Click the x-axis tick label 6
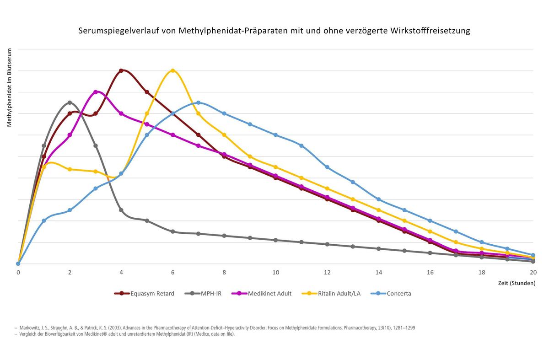172,272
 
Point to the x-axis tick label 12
327,272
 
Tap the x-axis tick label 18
482,272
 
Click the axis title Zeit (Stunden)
517,283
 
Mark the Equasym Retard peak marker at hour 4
121,70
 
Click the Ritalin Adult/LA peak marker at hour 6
172,70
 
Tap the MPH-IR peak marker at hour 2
70,102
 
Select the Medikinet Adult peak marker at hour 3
95,92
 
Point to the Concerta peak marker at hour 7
198,102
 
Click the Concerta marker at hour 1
44,220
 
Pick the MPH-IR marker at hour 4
121,210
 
